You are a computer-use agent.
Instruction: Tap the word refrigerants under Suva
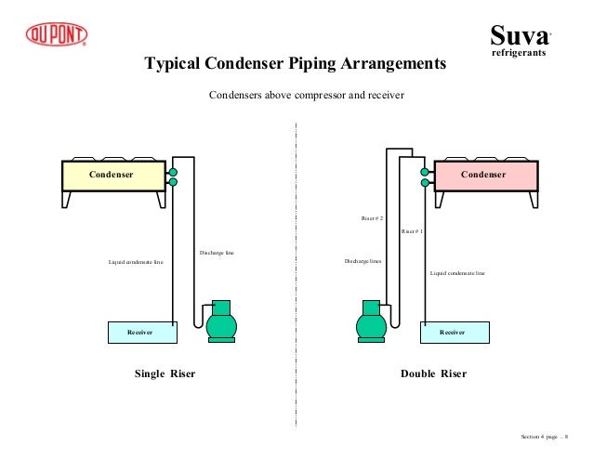(518, 55)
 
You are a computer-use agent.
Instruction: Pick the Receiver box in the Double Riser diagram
(453, 331)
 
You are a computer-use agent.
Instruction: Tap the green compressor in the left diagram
(221, 322)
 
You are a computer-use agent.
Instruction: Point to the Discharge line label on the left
(217, 253)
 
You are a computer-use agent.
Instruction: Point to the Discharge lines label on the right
(362, 261)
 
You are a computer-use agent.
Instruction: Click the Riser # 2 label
(372, 218)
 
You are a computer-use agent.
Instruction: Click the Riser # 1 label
(412, 230)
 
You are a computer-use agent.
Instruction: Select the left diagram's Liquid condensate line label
(136, 262)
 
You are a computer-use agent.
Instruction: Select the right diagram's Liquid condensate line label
(457, 273)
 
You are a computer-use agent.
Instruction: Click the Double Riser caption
(433, 374)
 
